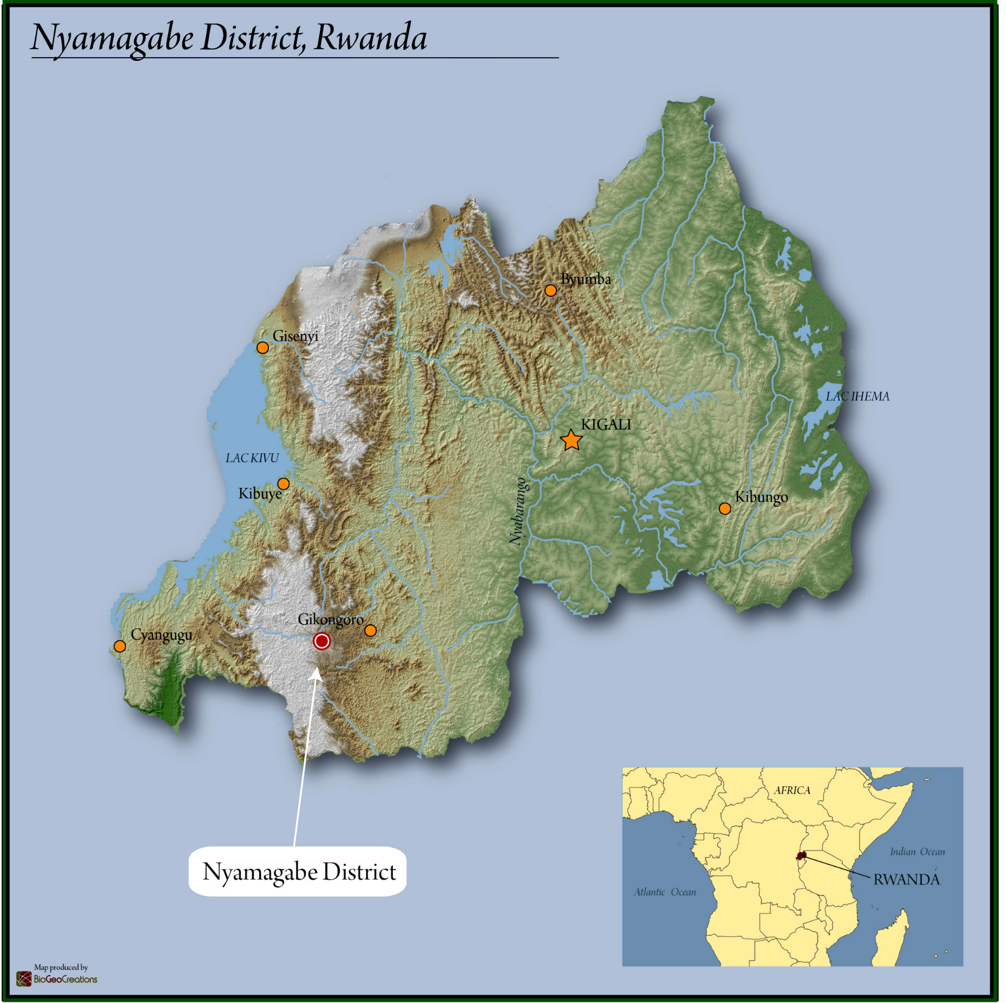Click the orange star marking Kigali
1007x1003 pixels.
click(571, 440)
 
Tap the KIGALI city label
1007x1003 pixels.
click(606, 424)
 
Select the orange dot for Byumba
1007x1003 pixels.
click(550, 290)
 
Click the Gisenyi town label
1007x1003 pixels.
click(295, 336)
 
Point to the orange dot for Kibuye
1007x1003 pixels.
click(283, 483)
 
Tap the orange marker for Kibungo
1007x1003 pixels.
click(725, 508)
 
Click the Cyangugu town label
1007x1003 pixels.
click(161, 635)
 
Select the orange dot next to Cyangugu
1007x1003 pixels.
click(120, 646)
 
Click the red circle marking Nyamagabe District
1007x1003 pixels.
click(322, 641)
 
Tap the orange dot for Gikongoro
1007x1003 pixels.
click(370, 630)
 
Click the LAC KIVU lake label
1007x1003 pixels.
click(252, 458)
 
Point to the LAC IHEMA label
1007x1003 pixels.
click(858, 396)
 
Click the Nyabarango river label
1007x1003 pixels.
click(518, 511)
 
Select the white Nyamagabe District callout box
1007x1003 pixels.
click(297, 871)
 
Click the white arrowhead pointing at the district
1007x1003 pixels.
click(316, 673)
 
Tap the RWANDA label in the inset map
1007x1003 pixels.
click(906, 880)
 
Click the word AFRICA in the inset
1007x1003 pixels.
click(792, 790)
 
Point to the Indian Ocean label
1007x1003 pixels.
click(917, 851)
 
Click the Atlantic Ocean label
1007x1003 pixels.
click(665, 892)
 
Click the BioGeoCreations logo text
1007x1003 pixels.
click(65, 979)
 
